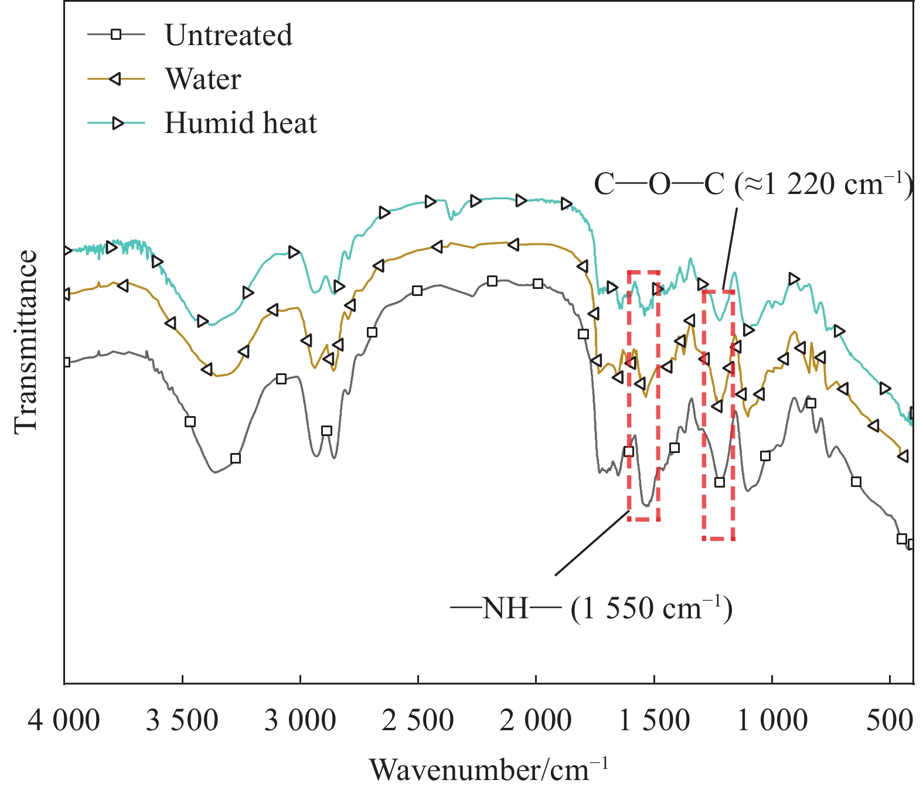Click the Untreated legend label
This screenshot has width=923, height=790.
228,35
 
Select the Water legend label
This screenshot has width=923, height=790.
203,79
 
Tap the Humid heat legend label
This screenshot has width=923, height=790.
240,123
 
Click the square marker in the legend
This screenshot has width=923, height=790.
116,35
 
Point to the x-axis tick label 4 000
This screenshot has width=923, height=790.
64,720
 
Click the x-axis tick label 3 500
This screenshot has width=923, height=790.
182,720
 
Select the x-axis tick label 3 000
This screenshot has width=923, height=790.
300,720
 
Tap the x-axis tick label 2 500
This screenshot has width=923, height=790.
418,720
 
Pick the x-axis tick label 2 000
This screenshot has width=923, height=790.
536,720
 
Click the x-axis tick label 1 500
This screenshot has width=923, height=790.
654,720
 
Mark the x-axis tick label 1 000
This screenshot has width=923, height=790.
772,720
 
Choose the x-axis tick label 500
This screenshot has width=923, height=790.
890,720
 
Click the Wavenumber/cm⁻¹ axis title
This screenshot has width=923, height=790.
489,769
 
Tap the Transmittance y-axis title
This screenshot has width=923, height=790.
26,342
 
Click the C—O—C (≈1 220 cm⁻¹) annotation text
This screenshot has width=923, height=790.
752,185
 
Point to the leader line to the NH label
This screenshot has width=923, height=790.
592,543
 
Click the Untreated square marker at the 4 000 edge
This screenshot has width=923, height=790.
66,362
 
